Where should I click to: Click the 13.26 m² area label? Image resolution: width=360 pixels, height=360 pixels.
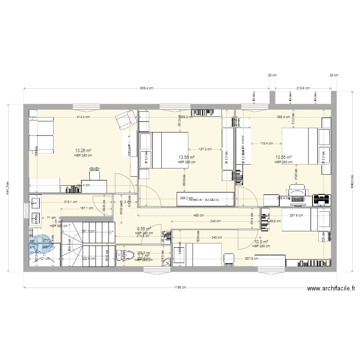click(83, 150)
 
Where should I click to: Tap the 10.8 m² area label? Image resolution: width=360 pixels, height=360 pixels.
click(261, 242)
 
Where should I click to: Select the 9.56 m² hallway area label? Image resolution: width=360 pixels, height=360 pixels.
click(144, 229)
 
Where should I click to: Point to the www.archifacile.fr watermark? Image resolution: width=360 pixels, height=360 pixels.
click(331, 288)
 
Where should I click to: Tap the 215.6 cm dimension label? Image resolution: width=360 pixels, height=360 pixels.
click(303, 88)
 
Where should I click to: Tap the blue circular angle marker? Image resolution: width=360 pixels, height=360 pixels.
click(42, 244)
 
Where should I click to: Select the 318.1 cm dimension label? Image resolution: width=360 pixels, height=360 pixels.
click(71, 202)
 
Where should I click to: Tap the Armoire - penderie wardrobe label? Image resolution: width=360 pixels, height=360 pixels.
click(204, 198)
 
